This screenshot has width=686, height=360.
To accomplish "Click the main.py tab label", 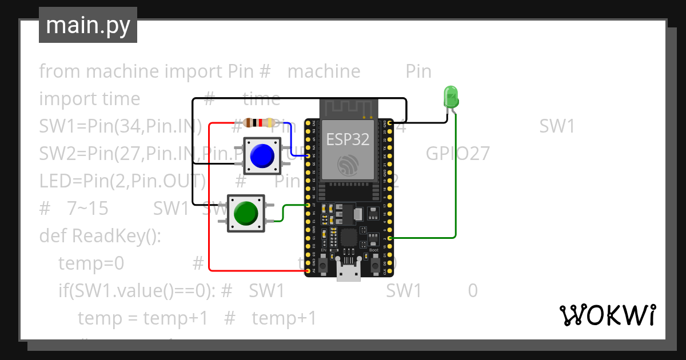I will point(87,26).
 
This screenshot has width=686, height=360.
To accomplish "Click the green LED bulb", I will point(450,96).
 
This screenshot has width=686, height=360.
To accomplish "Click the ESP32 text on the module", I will point(348,139).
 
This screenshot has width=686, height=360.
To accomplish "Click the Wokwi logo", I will point(607,315).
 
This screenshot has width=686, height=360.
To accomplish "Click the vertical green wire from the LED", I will point(456,177).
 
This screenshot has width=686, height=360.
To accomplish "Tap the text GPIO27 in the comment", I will point(457,154).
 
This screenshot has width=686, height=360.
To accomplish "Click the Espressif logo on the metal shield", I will point(348,165).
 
